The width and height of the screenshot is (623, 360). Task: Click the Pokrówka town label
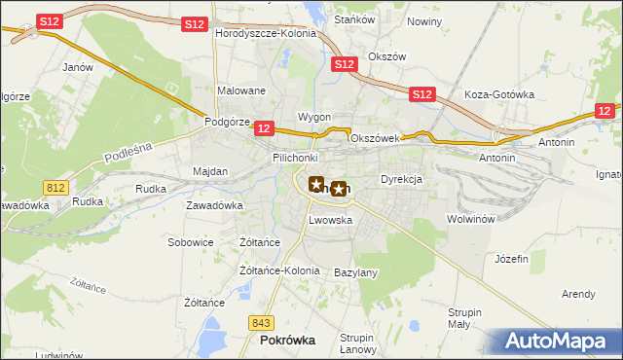(287, 341)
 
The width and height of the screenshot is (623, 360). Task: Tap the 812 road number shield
(54, 186)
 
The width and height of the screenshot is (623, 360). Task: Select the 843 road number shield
(260, 323)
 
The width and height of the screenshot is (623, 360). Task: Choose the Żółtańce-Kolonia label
(279, 270)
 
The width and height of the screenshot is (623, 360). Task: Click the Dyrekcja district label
(400, 180)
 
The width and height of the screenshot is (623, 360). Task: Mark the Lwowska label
(330, 221)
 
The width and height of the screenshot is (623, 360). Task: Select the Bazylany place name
(355, 272)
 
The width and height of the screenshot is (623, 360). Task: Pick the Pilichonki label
(295, 157)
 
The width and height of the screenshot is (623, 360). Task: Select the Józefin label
(511, 259)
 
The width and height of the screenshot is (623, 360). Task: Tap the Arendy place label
(578, 293)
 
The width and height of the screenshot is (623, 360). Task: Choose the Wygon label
(314, 117)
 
